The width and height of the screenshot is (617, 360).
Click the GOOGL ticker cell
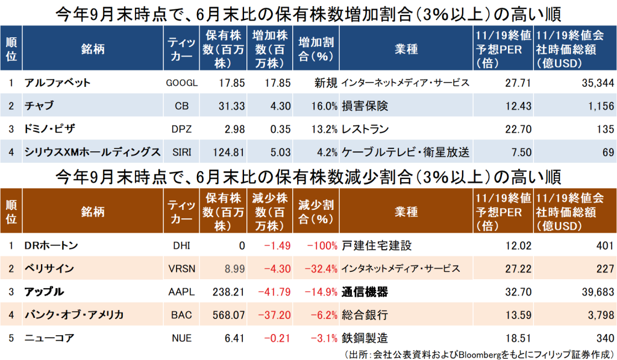click(181, 83)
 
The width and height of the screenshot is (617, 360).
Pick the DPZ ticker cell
click(181, 129)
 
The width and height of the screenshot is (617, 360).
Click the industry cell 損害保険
click(365, 106)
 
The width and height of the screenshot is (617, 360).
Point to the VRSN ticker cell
click(181, 268)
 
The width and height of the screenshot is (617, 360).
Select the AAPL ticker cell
click(181, 292)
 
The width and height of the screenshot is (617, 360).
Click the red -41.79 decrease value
click(271, 292)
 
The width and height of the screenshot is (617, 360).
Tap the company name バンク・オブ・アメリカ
click(74, 315)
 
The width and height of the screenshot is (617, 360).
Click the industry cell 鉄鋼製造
click(365, 338)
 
